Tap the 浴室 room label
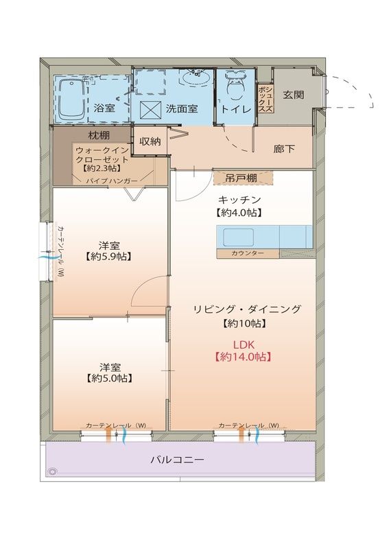coord(104,108)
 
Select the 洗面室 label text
coord(182,108)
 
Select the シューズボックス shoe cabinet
coord(266,97)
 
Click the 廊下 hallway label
coord(284,148)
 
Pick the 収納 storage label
coord(150,142)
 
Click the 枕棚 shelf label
coord(98,135)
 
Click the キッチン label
coord(240,199)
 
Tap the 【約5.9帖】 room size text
coord(110,257)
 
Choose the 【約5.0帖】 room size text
coord(110,378)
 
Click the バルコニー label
coord(177,460)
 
